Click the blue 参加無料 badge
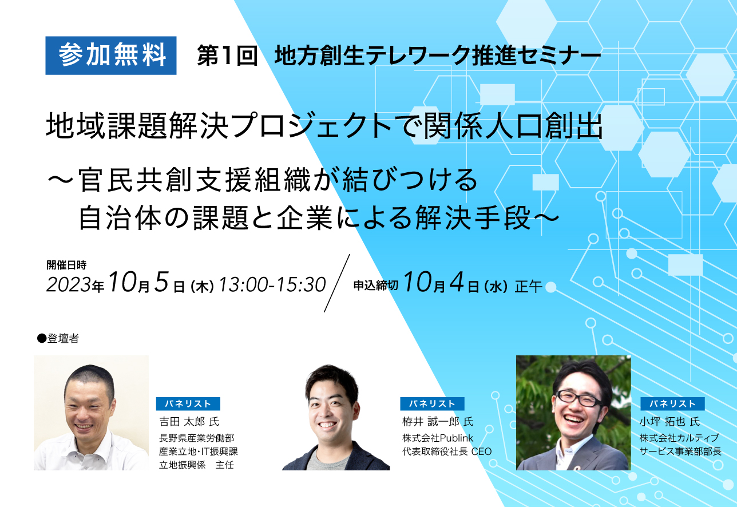[111, 56]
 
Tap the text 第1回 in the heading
[227, 56]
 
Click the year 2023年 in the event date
[76, 285]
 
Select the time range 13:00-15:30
[272, 284]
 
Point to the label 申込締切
[376, 285]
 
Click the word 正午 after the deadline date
[528, 286]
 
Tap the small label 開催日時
[66, 265]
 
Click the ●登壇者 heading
[58, 338]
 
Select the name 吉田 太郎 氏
[189, 422]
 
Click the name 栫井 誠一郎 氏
[438, 422]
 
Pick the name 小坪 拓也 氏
[669, 422]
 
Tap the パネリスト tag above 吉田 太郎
[188, 403]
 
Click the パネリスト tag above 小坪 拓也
[672, 403]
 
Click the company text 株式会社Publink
[438, 438]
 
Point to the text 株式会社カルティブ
[679, 438]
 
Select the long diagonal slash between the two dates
[337, 283]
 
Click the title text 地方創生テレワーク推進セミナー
[437, 56]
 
